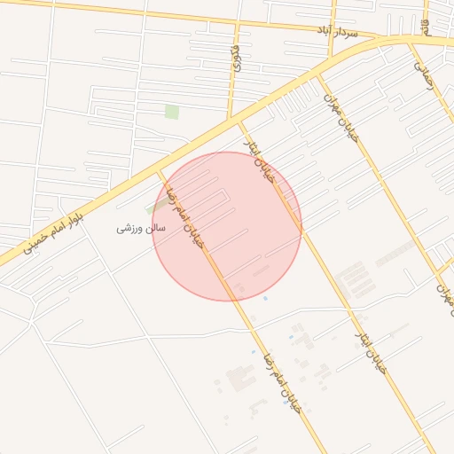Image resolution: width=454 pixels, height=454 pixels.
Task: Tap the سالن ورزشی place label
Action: (141, 228)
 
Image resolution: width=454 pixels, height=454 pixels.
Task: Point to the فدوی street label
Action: (235, 65)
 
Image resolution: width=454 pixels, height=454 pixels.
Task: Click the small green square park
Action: (171, 112)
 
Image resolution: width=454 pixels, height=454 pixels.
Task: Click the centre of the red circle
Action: (227, 226)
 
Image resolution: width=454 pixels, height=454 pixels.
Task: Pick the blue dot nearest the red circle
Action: (265, 298)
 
